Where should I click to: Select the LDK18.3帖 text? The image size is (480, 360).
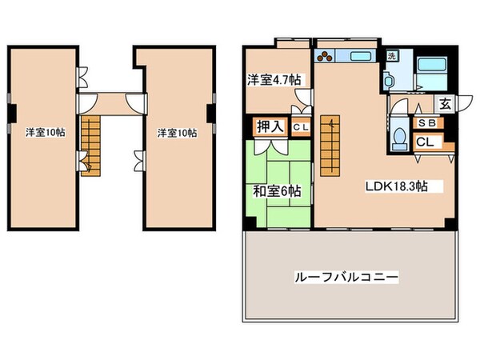tap(395, 186)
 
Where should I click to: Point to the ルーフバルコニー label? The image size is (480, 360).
tap(347, 277)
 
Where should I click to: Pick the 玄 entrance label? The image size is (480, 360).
tap(443, 104)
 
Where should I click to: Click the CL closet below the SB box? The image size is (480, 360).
tap(426, 141)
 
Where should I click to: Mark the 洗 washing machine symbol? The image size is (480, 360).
tap(391, 56)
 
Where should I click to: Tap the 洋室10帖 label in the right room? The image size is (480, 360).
tap(176, 133)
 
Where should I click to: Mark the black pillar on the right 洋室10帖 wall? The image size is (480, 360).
tap(213, 112)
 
